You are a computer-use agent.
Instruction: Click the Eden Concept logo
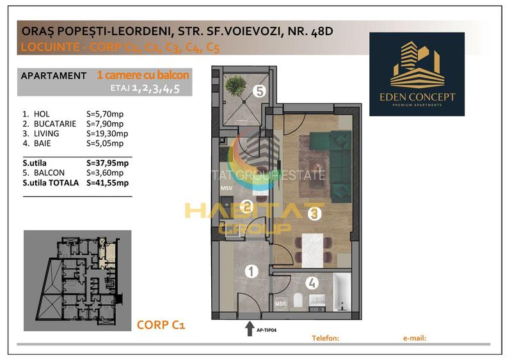pos(417,74)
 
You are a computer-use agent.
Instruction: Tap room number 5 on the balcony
pos(259,91)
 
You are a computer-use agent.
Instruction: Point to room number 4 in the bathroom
pos(312,282)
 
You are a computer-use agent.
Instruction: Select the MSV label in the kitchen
pos(227,189)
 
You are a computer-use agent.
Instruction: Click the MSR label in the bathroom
pos(280,304)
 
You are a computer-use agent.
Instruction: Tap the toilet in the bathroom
pos(298,300)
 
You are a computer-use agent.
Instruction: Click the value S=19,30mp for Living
pos(107,134)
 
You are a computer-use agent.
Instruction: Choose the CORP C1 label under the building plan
pos(161,325)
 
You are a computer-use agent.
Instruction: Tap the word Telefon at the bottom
pos(324,337)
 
